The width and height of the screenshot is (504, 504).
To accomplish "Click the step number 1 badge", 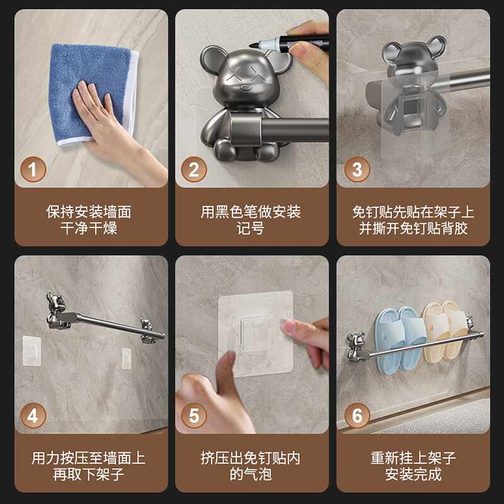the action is [33, 169].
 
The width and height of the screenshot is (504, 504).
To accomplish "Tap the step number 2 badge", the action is [193, 169].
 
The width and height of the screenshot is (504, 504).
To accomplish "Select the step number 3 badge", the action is [357, 169].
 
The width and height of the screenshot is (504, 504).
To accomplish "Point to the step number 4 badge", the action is [33, 416].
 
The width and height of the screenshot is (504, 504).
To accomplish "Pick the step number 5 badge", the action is [193, 416].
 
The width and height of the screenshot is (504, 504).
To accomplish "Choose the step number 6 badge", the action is [357, 416].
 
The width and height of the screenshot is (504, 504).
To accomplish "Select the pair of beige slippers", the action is [445, 331].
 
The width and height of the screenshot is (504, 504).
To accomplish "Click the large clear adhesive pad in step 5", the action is [256, 334].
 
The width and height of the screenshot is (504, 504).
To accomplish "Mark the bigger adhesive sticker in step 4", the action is [31, 351].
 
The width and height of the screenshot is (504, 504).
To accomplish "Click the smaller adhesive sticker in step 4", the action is [127, 358].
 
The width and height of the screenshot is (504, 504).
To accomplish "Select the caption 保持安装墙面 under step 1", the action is [89, 212].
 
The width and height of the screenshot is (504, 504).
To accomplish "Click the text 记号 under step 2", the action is [251, 229].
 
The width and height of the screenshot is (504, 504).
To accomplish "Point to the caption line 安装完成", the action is [413, 474].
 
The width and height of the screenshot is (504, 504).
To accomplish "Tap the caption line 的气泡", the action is [251, 474].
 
